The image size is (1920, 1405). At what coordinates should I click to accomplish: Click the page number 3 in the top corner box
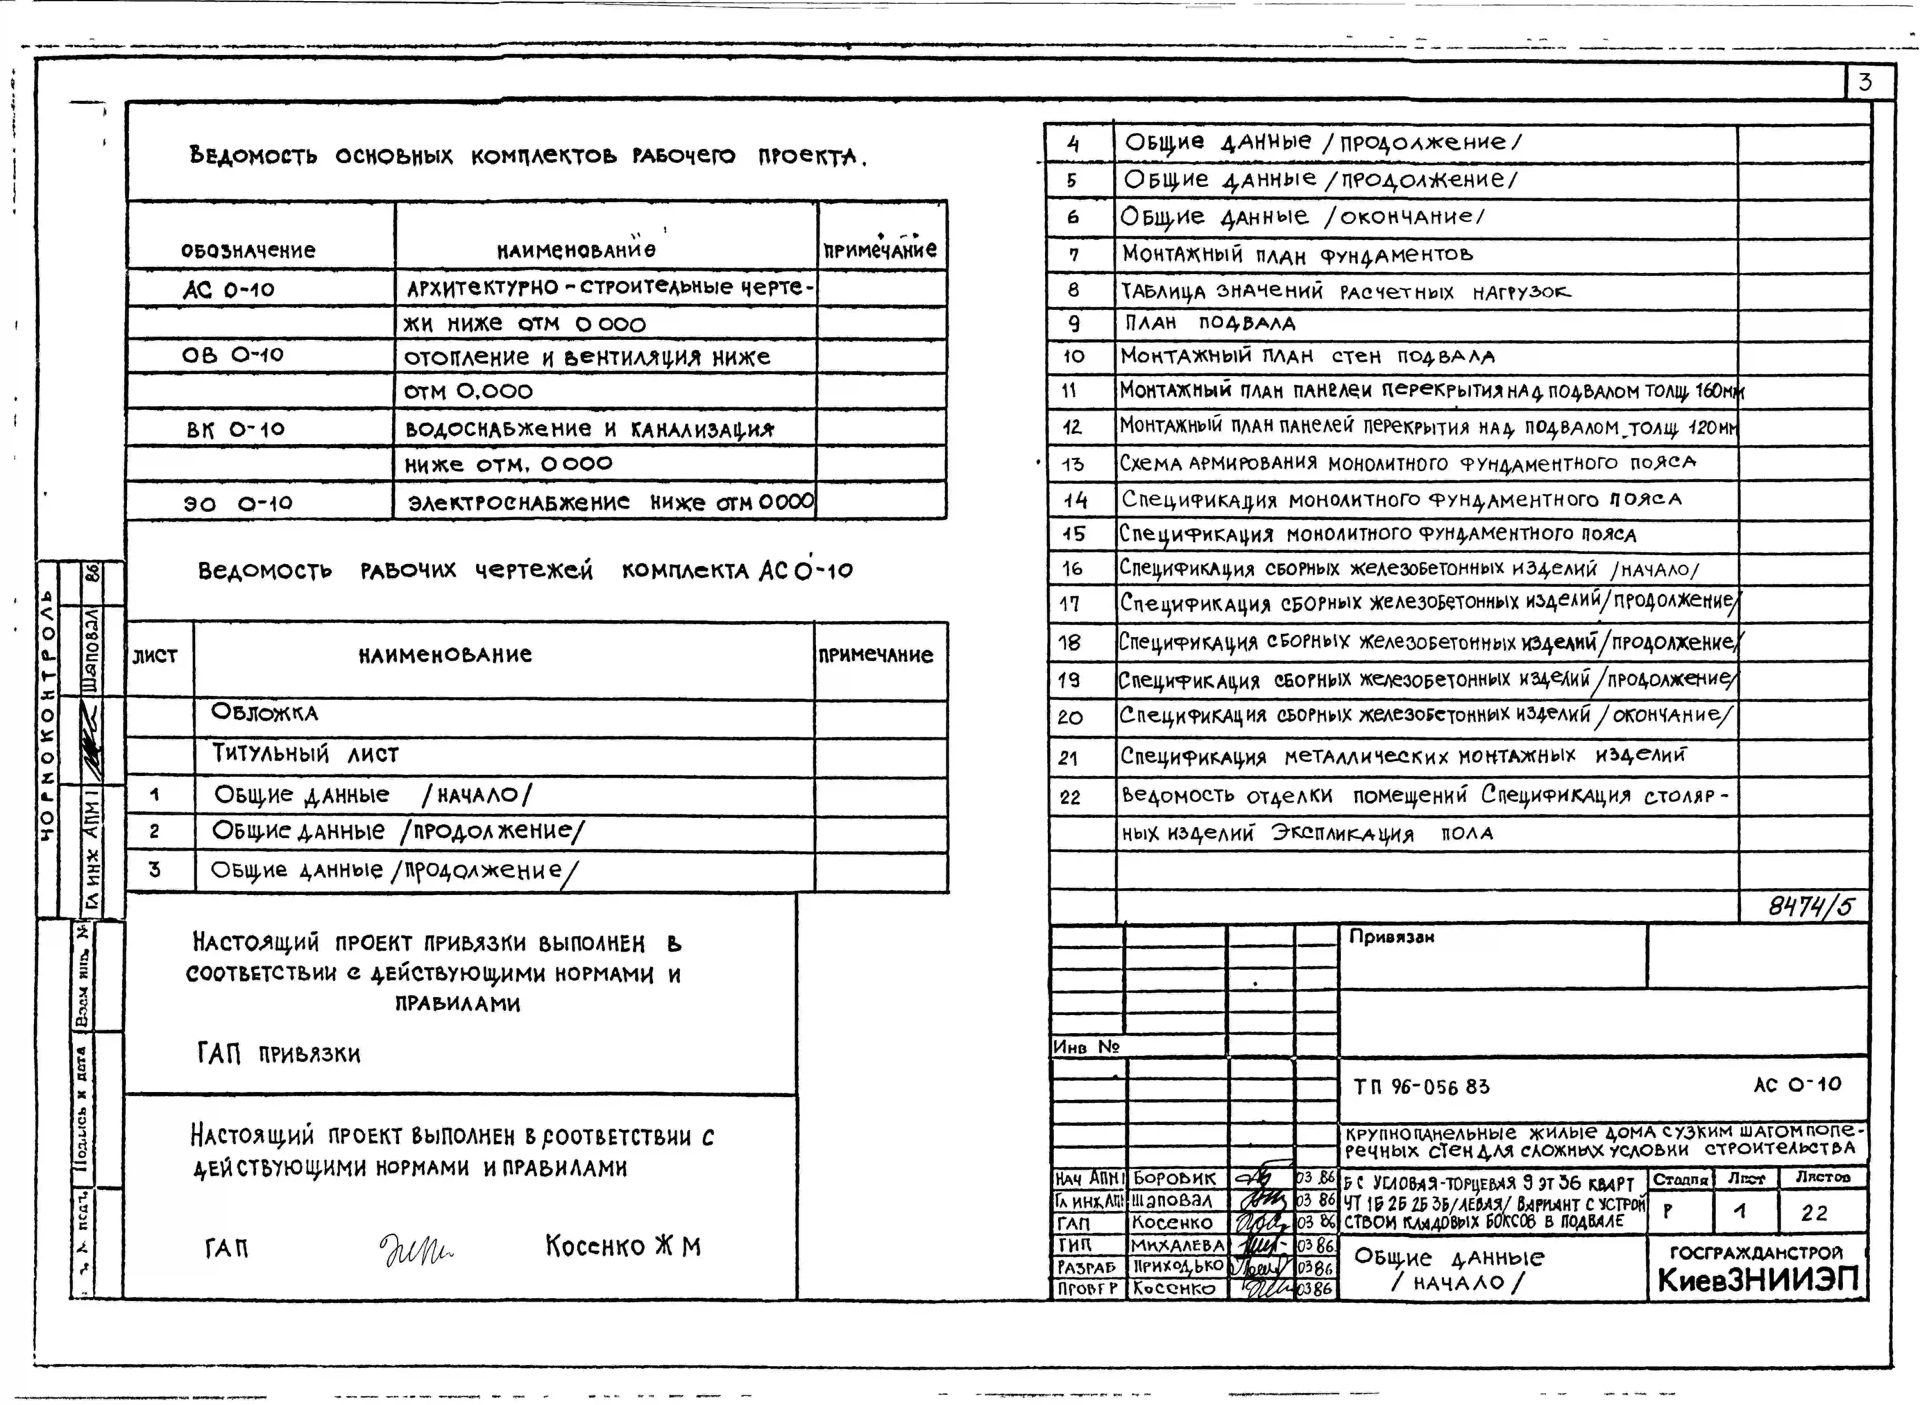point(1865,82)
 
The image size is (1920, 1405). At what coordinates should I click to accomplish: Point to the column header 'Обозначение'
point(248,250)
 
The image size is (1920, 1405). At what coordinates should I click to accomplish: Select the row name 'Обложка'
point(265,712)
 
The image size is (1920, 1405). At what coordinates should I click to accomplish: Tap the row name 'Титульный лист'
point(305,754)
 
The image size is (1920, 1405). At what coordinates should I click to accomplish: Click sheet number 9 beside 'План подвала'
point(1074,323)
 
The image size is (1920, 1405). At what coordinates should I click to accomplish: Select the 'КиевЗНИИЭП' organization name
point(1758,1280)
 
